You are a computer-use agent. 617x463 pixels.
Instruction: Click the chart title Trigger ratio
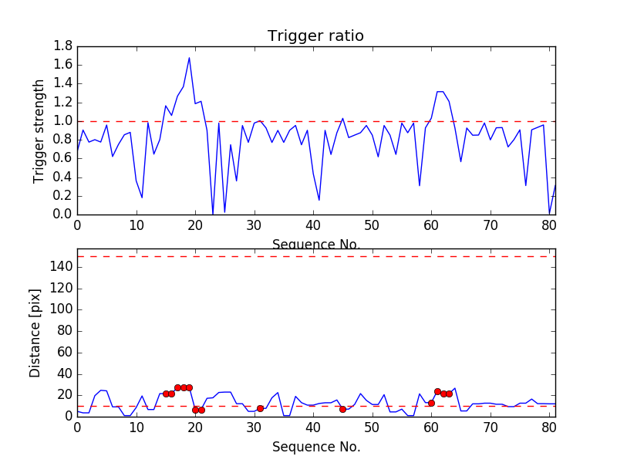pos(315,36)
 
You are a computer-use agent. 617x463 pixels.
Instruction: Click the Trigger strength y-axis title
pos(39,130)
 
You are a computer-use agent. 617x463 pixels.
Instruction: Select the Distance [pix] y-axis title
pos(35,333)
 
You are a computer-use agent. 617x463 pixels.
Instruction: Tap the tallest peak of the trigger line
pos(189,58)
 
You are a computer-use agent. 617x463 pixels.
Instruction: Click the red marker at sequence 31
pos(260,408)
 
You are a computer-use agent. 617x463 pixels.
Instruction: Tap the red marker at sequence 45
pos(342,409)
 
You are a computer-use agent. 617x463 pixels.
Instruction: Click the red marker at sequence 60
pos(431,403)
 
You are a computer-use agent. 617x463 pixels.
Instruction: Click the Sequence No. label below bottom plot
pos(316,447)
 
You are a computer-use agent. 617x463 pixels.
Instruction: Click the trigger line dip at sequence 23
pos(213,214)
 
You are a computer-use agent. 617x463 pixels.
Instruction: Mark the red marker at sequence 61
pos(437,391)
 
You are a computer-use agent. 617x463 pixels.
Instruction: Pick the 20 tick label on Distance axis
pos(63,395)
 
